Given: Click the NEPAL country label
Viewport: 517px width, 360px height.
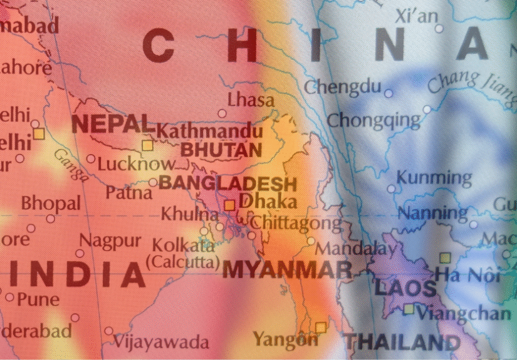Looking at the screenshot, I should pyautogui.click(x=112, y=123).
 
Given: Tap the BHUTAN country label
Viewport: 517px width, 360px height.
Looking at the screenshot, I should pyautogui.click(x=221, y=150).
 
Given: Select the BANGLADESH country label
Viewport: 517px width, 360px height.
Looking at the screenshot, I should pyautogui.click(x=227, y=183).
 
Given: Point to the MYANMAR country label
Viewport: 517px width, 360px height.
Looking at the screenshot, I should pyautogui.click(x=288, y=270).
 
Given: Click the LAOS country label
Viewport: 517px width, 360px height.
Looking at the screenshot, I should pyautogui.click(x=405, y=288).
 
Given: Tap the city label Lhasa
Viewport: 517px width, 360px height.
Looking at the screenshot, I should pyautogui.click(x=251, y=100).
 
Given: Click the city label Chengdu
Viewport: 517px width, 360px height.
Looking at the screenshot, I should pyautogui.click(x=342, y=86).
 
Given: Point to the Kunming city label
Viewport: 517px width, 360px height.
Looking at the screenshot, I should pyautogui.click(x=434, y=177).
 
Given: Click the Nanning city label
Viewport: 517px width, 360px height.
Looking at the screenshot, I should pyautogui.click(x=433, y=213).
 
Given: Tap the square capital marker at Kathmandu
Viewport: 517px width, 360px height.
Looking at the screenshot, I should pyautogui.click(x=147, y=146).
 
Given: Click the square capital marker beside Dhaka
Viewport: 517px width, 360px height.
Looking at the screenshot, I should pyautogui.click(x=230, y=205).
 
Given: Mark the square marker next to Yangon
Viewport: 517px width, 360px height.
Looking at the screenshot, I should pyautogui.click(x=320, y=327).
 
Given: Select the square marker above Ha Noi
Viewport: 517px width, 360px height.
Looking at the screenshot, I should pyautogui.click(x=445, y=257).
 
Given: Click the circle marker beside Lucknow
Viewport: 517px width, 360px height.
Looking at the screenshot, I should pyautogui.click(x=91, y=160).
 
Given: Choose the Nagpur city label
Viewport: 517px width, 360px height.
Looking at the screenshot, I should pyautogui.click(x=110, y=240).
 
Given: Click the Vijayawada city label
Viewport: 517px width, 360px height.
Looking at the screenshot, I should pyautogui.click(x=161, y=342).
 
